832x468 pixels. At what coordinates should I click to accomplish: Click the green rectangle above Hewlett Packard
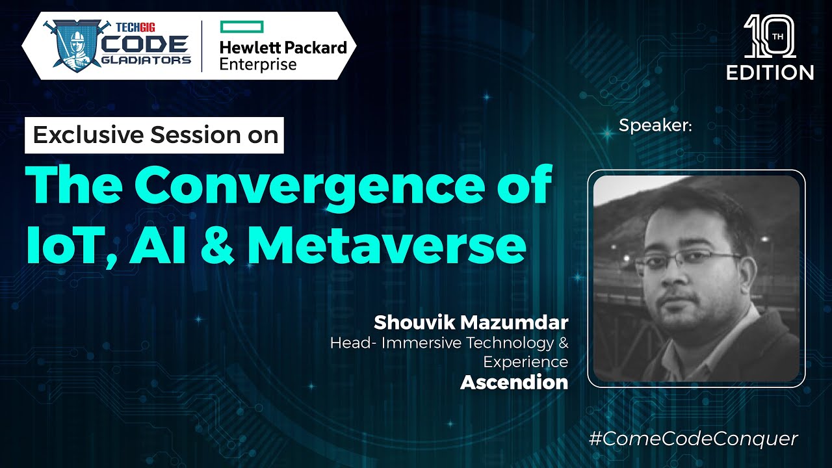click(x=241, y=27)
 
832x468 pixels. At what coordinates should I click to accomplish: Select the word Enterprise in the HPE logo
click(x=258, y=64)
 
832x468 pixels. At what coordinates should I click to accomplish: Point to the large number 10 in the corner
click(x=769, y=36)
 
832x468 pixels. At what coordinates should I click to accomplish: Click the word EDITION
click(x=770, y=71)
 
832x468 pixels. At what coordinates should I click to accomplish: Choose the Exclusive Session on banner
click(x=155, y=135)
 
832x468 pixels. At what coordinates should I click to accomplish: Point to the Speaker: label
click(x=655, y=125)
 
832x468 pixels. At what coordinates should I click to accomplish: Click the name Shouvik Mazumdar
click(x=471, y=322)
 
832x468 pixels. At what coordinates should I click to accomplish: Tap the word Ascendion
click(x=514, y=383)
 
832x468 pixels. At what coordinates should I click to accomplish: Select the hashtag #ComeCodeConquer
click(x=693, y=439)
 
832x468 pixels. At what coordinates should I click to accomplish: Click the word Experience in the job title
click(x=526, y=361)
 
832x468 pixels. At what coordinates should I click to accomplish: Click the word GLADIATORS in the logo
click(x=150, y=60)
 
